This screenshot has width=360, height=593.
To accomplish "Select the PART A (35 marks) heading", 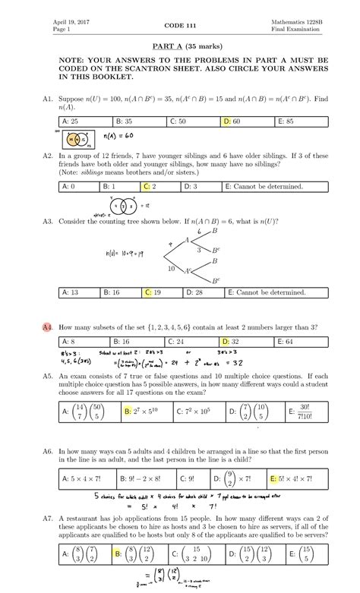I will coord(180,46).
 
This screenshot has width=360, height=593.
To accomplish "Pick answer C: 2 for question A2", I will coord(150,185).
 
